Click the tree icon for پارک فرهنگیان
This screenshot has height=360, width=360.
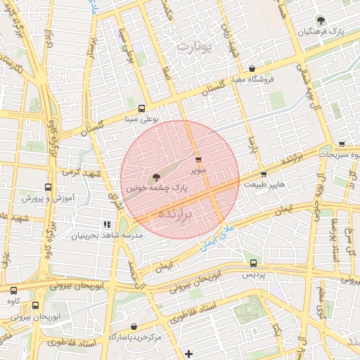pyautogui.click(x=321, y=21)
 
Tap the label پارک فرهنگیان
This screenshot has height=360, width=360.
pyautogui.click(x=321, y=33)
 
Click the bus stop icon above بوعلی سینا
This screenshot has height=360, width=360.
pyautogui.click(x=142, y=109)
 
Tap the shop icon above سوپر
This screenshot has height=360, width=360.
pyautogui.click(x=198, y=160)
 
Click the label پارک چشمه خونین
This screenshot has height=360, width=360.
pyautogui.click(x=157, y=189)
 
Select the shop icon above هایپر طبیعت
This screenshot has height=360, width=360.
pyautogui.click(x=264, y=174)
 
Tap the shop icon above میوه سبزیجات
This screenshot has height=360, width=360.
pyautogui.click(x=341, y=144)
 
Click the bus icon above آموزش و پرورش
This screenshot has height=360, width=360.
pyautogui.click(x=48, y=188)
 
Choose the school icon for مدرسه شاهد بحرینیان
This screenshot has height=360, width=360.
pyautogui.click(x=107, y=224)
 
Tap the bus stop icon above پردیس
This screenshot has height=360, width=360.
pyautogui.click(x=253, y=264)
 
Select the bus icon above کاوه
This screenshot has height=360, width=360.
pyautogui.click(x=13, y=290)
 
